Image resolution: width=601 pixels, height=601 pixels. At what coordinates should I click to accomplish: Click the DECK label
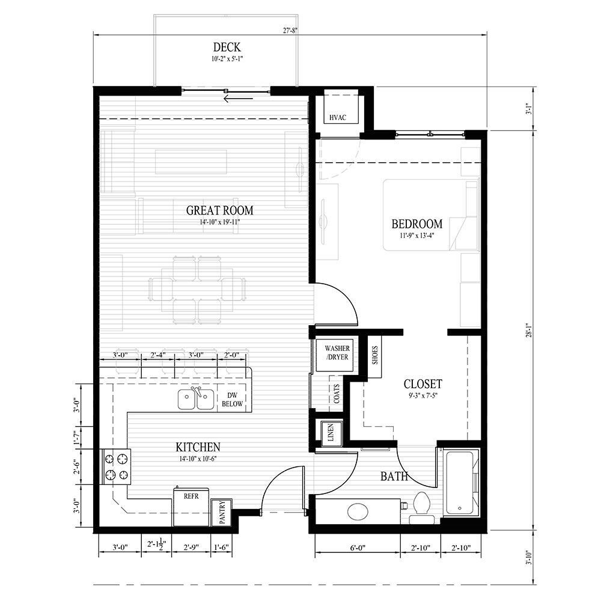tap(227, 47)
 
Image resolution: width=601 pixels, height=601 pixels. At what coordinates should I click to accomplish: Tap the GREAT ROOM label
tap(219, 210)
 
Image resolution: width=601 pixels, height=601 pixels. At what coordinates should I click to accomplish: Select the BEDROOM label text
tap(416, 224)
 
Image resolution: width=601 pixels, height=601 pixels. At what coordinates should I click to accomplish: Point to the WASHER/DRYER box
tap(337, 353)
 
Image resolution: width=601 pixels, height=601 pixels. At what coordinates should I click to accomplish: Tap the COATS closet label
tap(335, 394)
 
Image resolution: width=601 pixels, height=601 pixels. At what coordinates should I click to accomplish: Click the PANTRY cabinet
tap(221, 512)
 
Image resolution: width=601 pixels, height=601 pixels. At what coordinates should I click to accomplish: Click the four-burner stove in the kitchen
tap(116, 467)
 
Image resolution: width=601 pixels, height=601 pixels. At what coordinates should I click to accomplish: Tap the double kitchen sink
tap(196, 398)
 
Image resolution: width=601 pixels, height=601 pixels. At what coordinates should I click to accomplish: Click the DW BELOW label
tap(232, 400)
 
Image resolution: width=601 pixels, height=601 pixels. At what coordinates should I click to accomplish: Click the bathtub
tap(460, 483)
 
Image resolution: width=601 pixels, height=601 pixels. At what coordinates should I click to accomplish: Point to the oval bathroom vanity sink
tap(360, 512)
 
